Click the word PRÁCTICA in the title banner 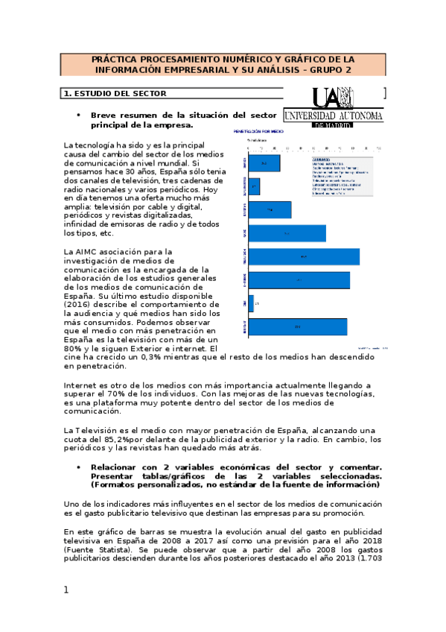point(115,58)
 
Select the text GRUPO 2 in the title point(331,69)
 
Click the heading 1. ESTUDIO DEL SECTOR point(115,94)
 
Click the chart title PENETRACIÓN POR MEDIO point(261,129)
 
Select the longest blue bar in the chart point(304,256)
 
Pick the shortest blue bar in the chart point(250,304)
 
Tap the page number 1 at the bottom point(66,590)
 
